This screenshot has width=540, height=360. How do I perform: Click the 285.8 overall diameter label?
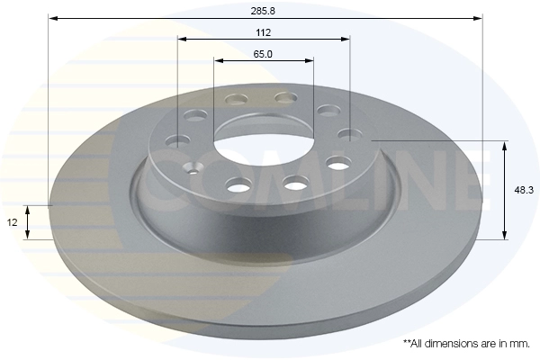263,11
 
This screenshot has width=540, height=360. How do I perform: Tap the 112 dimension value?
264,32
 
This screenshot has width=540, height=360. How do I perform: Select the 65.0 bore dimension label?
263,54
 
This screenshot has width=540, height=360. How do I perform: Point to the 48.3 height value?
524,190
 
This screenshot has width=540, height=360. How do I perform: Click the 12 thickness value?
12,222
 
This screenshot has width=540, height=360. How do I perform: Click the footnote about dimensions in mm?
466,344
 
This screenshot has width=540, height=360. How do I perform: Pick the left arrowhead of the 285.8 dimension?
52,18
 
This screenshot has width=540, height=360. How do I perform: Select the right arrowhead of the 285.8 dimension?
479,18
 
